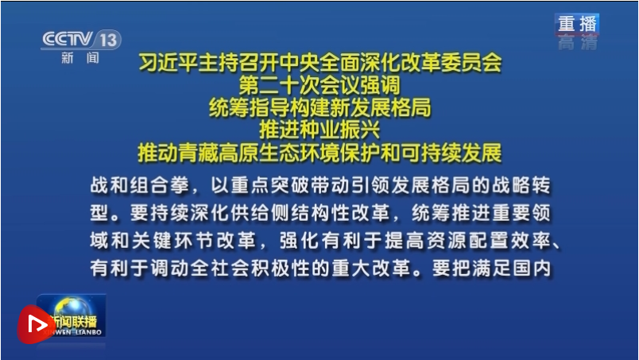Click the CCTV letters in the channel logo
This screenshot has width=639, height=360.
pyautogui.click(x=68, y=39)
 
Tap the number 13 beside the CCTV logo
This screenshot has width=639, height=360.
pyautogui.click(x=108, y=40)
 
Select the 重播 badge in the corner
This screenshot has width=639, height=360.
pyautogui.click(x=577, y=24)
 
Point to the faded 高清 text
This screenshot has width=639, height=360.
pyautogui.click(x=578, y=43)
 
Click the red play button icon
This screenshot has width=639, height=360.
pyautogui.click(x=36, y=324)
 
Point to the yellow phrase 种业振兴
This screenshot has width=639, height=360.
pyautogui.click(x=339, y=130)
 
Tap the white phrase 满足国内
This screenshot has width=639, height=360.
pyautogui.click(x=512, y=268)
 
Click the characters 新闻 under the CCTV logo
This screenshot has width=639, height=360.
pyautogui.click(x=80, y=58)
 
